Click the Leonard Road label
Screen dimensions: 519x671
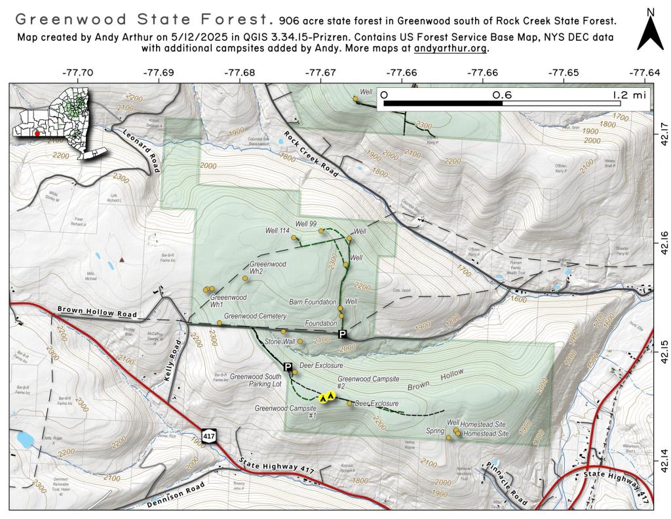coord(141,150)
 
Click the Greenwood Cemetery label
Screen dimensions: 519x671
coord(255,316)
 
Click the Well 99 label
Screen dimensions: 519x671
coord(306,224)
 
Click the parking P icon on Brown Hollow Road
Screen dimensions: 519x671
coord(342,335)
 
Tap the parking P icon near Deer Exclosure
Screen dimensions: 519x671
coord(288,367)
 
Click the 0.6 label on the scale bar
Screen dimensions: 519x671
coord(502,94)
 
